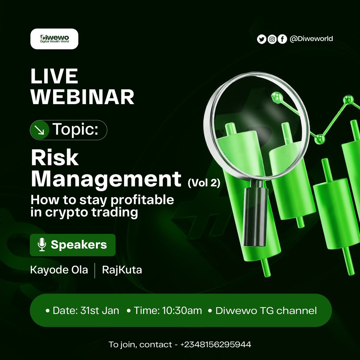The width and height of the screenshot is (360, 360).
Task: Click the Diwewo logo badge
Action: (x=54, y=39)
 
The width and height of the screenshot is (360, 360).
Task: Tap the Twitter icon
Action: (x=262, y=39)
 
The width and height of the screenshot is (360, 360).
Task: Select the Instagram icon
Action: (x=272, y=39)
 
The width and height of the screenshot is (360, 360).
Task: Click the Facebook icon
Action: (x=282, y=39)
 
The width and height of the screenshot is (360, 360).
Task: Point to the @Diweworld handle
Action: (x=311, y=39)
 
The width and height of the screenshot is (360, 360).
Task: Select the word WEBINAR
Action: (x=82, y=97)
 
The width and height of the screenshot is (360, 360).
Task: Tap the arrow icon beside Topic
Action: (x=40, y=130)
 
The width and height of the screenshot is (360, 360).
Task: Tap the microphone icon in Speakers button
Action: (x=42, y=245)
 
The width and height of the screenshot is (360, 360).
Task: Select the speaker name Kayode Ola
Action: (x=59, y=270)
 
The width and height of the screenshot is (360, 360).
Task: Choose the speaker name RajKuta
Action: (x=122, y=270)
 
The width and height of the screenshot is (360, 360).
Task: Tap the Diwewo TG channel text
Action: (x=266, y=310)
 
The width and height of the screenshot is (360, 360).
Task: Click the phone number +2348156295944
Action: (x=216, y=344)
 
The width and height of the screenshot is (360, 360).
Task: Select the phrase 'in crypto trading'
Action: (x=84, y=212)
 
